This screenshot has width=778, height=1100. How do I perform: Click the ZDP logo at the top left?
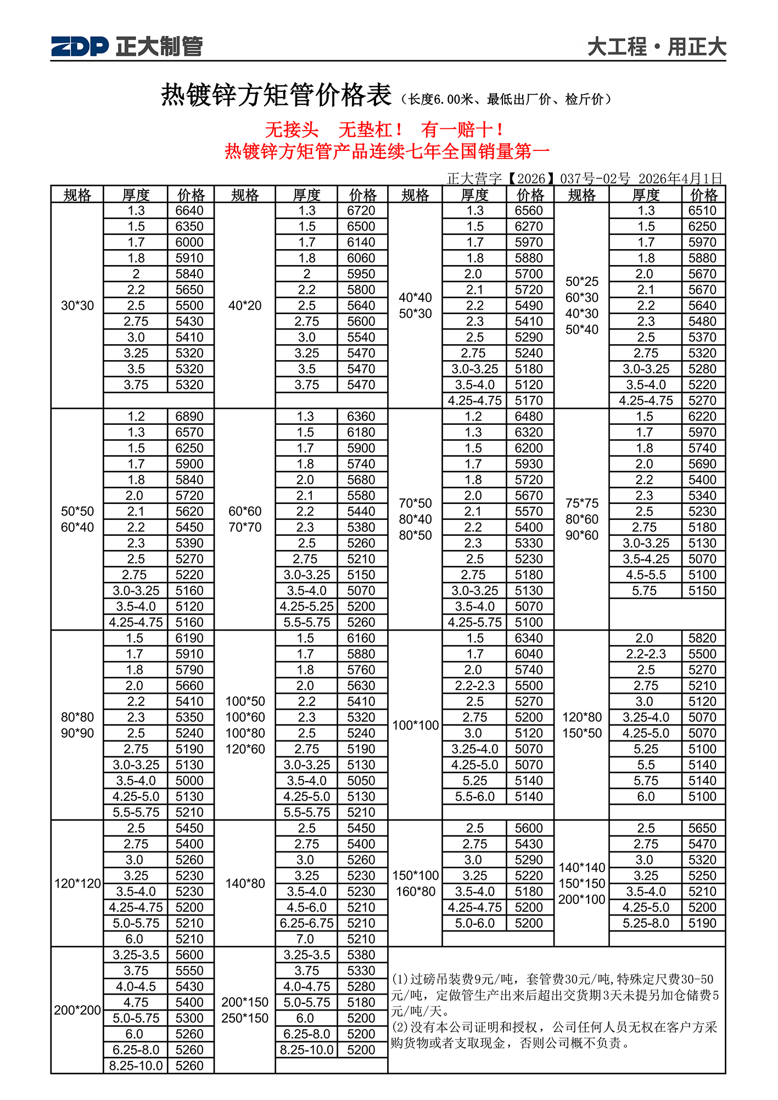(x=80, y=46)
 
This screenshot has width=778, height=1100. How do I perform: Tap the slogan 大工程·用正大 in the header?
(x=657, y=47)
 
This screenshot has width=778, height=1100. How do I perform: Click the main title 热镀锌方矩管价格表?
(x=276, y=95)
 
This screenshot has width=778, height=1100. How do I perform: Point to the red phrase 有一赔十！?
(x=462, y=130)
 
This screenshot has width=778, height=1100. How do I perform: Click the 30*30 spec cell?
(x=77, y=306)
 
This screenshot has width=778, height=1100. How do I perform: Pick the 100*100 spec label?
(x=415, y=725)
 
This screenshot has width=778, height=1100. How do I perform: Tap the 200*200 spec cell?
(x=77, y=1010)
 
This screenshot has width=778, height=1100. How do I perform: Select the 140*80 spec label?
(x=245, y=883)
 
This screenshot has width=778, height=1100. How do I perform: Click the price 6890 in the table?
(x=189, y=417)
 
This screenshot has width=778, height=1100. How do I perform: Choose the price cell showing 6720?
(x=361, y=211)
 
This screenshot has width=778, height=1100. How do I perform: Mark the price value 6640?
(x=189, y=211)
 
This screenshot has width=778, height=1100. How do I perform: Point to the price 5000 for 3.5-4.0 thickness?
(x=189, y=781)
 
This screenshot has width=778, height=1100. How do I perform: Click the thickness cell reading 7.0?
(x=305, y=939)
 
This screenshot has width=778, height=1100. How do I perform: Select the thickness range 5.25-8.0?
(x=646, y=923)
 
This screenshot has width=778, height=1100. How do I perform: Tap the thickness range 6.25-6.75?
(x=306, y=923)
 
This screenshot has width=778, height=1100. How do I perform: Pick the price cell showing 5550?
(x=189, y=970)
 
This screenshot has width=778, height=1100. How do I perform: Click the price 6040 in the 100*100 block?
(x=529, y=654)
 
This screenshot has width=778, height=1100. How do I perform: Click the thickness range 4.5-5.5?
(x=646, y=575)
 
